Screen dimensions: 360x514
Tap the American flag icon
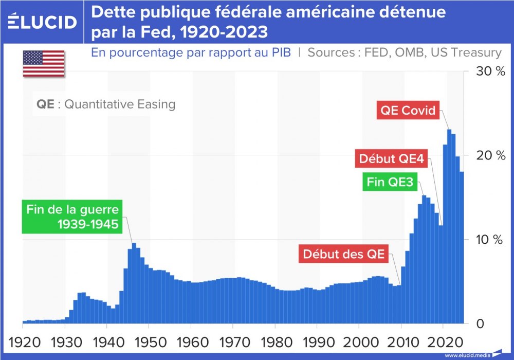pyautogui.click(x=44, y=64)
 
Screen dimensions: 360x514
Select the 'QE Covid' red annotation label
pyautogui.click(x=408, y=110)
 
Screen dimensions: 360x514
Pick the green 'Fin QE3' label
pyautogui.click(x=390, y=182)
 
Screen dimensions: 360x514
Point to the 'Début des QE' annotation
pyautogui.click(x=344, y=254)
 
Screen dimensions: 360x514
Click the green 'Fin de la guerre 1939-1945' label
pyautogui.click(x=72, y=218)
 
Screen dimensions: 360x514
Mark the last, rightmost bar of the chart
pyautogui.click(x=462, y=247)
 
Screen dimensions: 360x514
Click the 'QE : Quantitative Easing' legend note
pyautogui.click(x=106, y=104)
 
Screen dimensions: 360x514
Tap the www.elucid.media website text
pyautogui.click(x=467, y=355)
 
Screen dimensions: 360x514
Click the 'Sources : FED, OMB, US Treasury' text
pyautogui.click(x=405, y=52)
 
